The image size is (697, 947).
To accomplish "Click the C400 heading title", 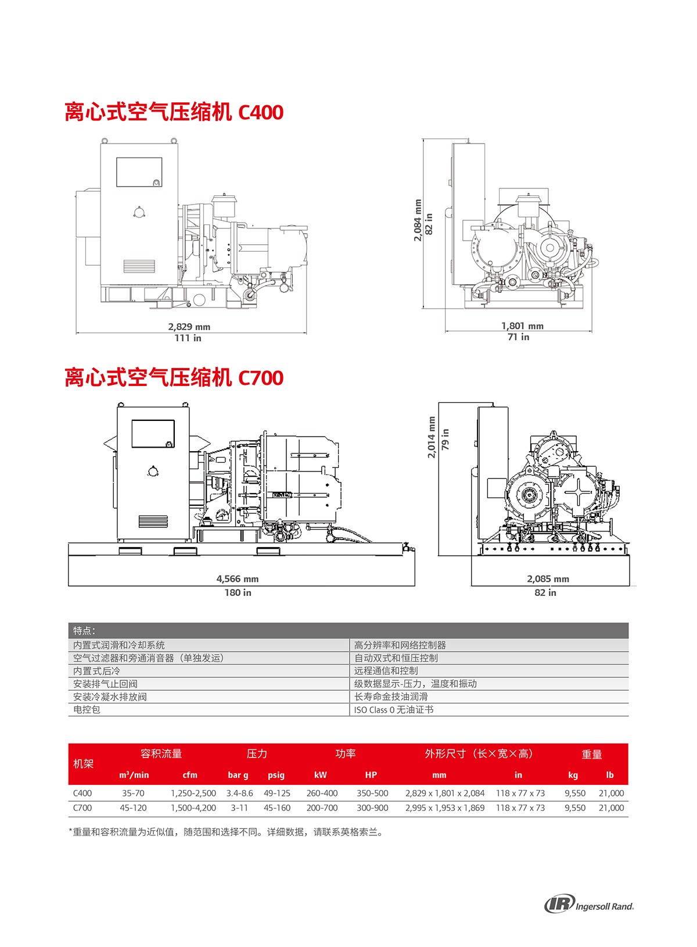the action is click(174, 112).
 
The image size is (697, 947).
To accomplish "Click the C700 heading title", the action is click(174, 377).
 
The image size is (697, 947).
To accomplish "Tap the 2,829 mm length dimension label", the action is click(189, 327).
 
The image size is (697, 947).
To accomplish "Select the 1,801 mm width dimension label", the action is click(522, 326).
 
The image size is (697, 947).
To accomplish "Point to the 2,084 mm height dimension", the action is click(418, 220).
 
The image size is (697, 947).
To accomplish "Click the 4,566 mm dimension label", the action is click(238, 579).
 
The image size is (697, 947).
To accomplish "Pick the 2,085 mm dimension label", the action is click(548, 579).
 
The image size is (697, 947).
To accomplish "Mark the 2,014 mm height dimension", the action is click(431, 437).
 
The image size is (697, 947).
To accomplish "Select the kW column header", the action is click(320, 775).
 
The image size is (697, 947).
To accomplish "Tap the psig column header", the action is click(276, 776).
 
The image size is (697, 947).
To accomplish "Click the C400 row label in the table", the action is click(82, 793).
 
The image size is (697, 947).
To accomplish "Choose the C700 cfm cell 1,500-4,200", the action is click(193, 808).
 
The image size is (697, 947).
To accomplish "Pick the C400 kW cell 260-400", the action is click(322, 793).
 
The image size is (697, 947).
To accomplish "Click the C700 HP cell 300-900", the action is click(372, 808).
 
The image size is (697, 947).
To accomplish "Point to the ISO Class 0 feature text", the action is click(394, 710).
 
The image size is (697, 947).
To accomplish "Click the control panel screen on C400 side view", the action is click(139, 172).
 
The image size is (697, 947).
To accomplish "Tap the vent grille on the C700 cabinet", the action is click(153, 521).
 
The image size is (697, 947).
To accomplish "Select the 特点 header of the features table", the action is click(84, 631).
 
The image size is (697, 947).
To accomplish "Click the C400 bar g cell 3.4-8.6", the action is click(239, 793).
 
